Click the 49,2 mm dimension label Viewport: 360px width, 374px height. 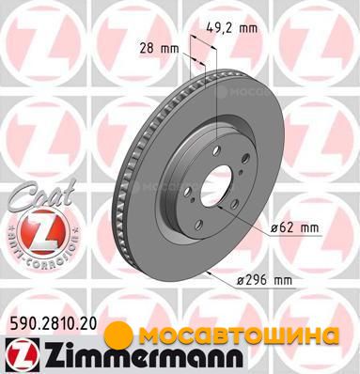point(232,28)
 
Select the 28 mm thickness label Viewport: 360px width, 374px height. point(159,49)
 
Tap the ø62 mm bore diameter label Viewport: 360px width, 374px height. point(294,227)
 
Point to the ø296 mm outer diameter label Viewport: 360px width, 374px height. point(264,280)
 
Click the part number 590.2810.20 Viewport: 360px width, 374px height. point(52,324)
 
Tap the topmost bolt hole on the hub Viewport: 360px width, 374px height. point(216,150)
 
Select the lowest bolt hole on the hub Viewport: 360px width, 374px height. point(198,225)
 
